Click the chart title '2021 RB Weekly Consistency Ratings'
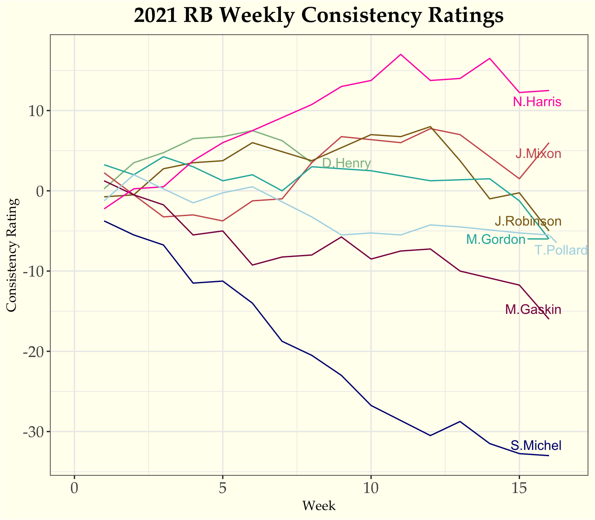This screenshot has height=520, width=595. coord(319,16)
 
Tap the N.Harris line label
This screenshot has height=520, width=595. coord(537,102)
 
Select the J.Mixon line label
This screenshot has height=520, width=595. coord(538,154)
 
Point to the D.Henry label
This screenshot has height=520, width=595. coord(346,163)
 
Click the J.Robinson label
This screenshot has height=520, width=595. coord(528,221)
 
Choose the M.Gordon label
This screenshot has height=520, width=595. coord(496,239)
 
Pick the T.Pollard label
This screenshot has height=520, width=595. coord(561,250)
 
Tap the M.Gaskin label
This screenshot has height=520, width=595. coord(533,310)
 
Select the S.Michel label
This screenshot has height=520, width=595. coord(536,446)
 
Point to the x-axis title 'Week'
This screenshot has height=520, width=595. coord(319,506)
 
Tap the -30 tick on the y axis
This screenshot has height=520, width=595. coord(34,432)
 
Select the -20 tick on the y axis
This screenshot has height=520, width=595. coord(34,352)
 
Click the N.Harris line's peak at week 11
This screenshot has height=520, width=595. coord(401,54)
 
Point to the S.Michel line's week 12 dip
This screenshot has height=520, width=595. coord(431,435)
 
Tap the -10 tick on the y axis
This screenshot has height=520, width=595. coord(34,271)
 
